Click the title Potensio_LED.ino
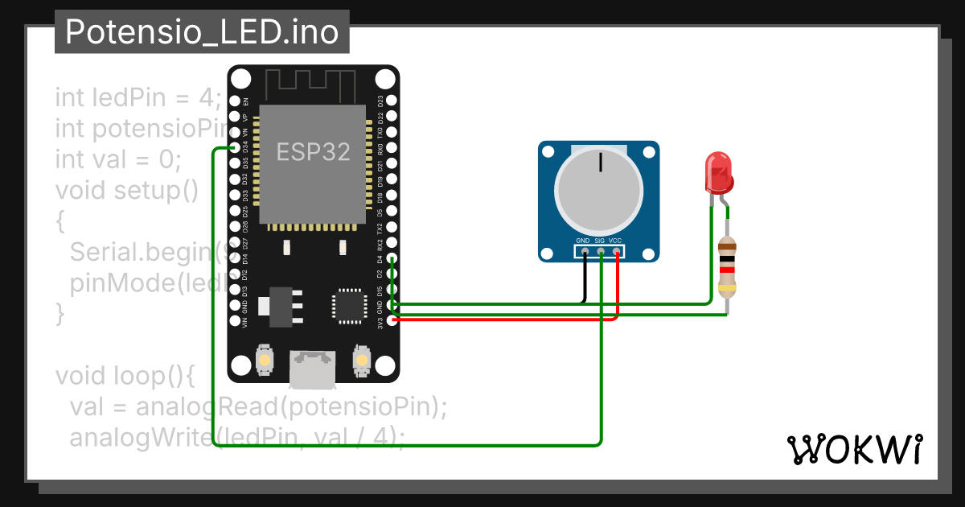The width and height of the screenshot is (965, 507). click(x=202, y=32)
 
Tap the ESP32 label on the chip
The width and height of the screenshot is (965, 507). click(x=314, y=151)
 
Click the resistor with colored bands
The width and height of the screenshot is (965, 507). click(x=727, y=266)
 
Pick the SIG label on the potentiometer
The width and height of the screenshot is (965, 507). click(x=600, y=241)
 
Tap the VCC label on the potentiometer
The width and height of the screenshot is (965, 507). click(x=616, y=241)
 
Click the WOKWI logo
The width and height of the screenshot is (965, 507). click(x=854, y=449)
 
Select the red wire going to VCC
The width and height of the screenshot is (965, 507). click(x=618, y=290)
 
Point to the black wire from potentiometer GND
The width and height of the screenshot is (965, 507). click(x=585, y=278)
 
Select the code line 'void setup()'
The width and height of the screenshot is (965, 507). click(x=126, y=191)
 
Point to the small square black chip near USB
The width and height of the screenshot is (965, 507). click(x=351, y=306)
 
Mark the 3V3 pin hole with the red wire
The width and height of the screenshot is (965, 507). click(x=392, y=319)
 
